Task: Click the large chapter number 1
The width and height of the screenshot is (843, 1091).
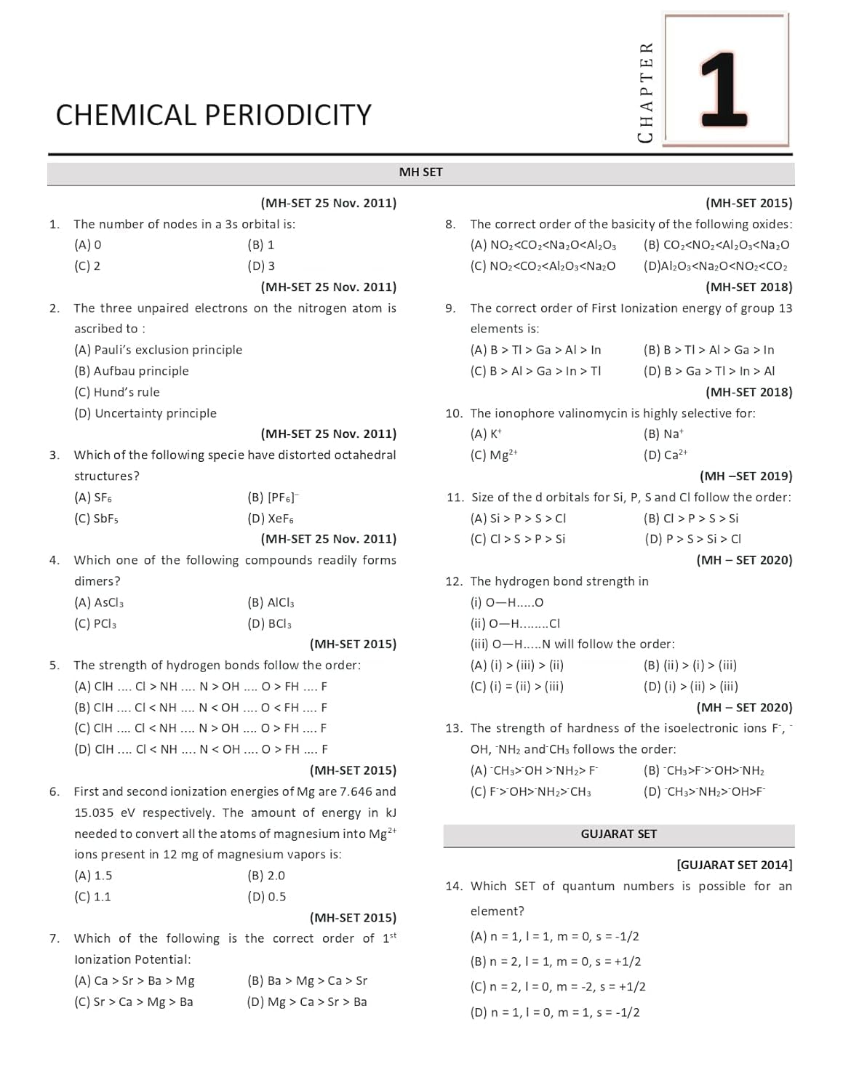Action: (724, 89)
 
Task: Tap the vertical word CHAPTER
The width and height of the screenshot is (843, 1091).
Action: (645, 92)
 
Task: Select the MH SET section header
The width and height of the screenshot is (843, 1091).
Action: (420, 172)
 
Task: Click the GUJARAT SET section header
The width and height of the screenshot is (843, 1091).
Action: (618, 834)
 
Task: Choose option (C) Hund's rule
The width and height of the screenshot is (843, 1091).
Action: (116, 392)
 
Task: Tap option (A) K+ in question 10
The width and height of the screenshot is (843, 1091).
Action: (486, 434)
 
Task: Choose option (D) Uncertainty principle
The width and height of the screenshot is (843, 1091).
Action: (145, 413)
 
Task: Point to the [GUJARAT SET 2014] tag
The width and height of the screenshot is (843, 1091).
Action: (734, 865)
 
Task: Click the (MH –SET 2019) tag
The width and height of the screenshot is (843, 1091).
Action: (746, 476)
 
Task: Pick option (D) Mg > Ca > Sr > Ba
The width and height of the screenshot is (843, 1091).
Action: (306, 1002)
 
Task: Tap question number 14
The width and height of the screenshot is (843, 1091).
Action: (453, 886)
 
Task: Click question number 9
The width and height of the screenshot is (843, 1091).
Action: (450, 308)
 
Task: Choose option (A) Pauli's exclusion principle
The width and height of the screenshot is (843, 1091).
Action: (158, 350)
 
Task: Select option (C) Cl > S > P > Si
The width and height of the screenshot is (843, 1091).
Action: (517, 539)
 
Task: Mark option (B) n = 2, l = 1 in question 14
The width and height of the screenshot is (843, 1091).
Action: (556, 962)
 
